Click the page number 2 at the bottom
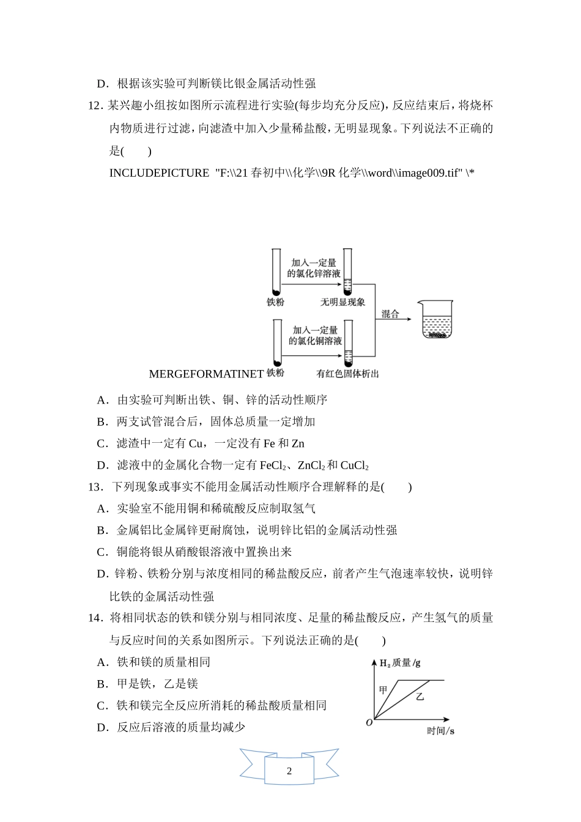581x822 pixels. (x=289, y=771)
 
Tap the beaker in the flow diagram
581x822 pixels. (x=437, y=319)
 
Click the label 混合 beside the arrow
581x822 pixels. (x=390, y=314)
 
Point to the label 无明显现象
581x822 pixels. (x=342, y=302)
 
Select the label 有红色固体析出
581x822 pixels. (x=347, y=374)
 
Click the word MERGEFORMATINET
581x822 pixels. (x=206, y=374)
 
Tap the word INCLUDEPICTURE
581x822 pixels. (x=159, y=173)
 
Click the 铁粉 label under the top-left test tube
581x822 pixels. (x=275, y=302)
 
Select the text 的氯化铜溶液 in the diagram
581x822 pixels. (x=315, y=341)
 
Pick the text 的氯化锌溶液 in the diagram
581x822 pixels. (x=314, y=273)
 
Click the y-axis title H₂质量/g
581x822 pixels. (x=400, y=663)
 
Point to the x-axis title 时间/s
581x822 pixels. (x=440, y=731)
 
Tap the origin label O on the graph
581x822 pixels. (x=369, y=723)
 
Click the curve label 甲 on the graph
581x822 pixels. (x=383, y=690)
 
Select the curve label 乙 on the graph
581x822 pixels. (x=420, y=696)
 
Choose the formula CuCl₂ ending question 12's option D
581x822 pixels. (x=355, y=466)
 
